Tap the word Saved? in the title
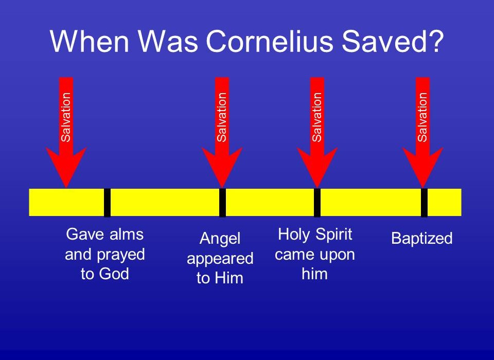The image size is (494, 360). pos(393,41)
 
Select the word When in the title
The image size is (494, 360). pos(90,41)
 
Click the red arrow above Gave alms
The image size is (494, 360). pos(66,133)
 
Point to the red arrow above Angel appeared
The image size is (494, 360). pos(222,133)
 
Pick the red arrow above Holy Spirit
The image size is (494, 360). pos(317,133)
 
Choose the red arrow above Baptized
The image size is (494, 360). pos(423,133)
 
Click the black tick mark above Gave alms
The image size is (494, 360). pos(107,203)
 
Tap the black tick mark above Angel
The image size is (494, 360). pos(222,203)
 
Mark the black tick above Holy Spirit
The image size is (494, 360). pos(317,203)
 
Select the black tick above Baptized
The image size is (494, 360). pos(425,203)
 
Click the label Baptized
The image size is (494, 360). pos(422,239)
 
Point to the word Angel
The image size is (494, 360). pos(220,239)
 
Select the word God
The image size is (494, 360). pos(115,274)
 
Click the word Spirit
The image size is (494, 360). pos(333,235)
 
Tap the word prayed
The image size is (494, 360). pos(120,255)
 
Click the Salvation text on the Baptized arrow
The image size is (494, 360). pos(422,117)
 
